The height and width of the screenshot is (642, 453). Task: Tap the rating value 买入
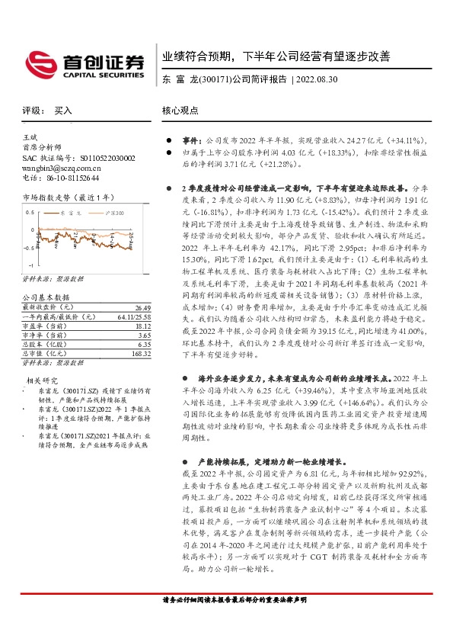(62, 110)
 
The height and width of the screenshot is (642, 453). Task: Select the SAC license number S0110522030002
(100, 158)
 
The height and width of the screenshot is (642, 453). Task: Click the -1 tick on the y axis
(31, 265)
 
